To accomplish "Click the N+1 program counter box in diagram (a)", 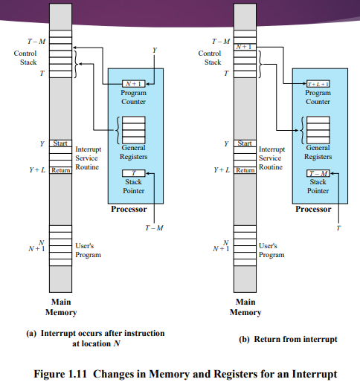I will [135, 84].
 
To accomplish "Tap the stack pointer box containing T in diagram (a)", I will [135, 172].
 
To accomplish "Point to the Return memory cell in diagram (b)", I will [244, 170].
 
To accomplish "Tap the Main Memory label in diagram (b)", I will [245, 307].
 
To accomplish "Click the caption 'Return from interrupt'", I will [288, 339].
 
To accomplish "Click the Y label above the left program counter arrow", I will [155, 50].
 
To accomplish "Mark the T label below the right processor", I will [339, 227].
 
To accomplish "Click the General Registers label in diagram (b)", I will [318, 152].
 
